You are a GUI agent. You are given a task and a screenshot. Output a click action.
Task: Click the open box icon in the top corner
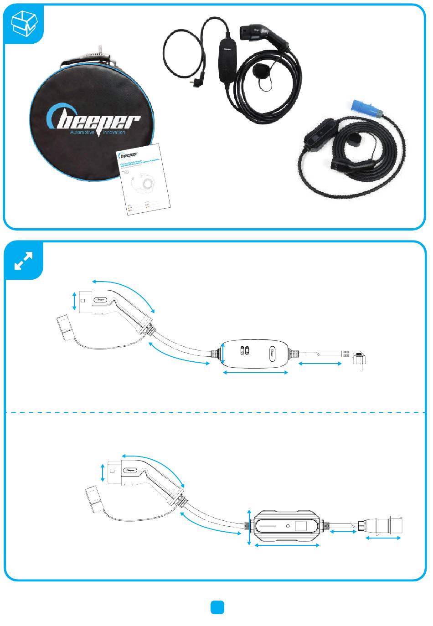pyautogui.click(x=23, y=23)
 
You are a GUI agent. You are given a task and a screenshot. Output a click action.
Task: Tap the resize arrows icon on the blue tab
pyautogui.click(x=23, y=260)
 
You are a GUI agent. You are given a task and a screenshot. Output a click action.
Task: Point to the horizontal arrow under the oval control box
pyautogui.click(x=255, y=373)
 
